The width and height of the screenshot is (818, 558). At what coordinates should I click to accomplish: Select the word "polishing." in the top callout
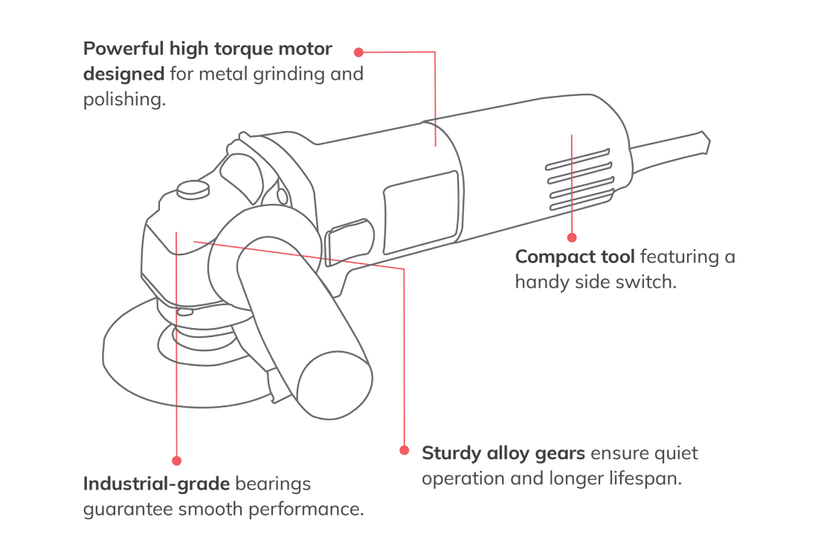coord(123,100)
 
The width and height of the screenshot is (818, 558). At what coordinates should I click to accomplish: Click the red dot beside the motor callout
coord(358,52)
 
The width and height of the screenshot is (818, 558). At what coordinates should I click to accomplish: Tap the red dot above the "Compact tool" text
coord(572,237)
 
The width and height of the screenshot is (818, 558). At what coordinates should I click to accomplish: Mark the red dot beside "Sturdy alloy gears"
coord(404,450)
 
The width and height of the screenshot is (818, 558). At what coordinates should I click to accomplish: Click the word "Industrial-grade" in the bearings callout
coord(156,484)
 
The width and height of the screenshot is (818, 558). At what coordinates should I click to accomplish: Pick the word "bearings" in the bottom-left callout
coord(273,484)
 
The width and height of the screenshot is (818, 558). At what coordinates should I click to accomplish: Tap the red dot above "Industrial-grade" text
coord(176,461)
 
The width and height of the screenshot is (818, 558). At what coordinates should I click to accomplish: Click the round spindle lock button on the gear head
coord(192,189)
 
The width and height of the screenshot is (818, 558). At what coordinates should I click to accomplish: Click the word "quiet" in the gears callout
coord(674,453)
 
